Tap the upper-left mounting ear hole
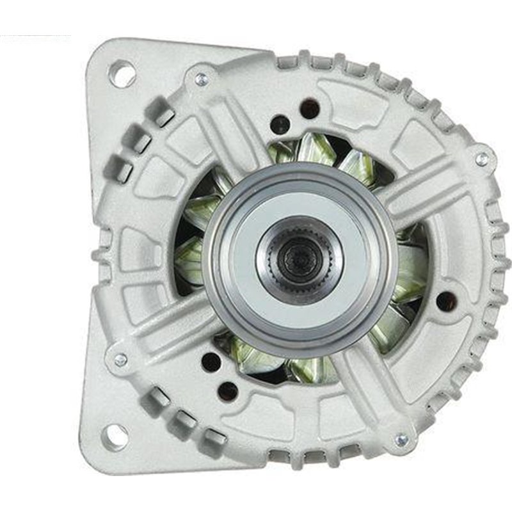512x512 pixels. click(x=122, y=73)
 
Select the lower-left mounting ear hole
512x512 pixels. click(x=116, y=437)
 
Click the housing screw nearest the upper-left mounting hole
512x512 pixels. click(x=201, y=80)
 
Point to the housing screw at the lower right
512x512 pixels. click(x=401, y=440)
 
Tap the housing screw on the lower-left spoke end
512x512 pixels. click(x=120, y=360)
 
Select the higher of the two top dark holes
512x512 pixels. click(x=310, y=107)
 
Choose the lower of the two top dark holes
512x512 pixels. click(x=280, y=125)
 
